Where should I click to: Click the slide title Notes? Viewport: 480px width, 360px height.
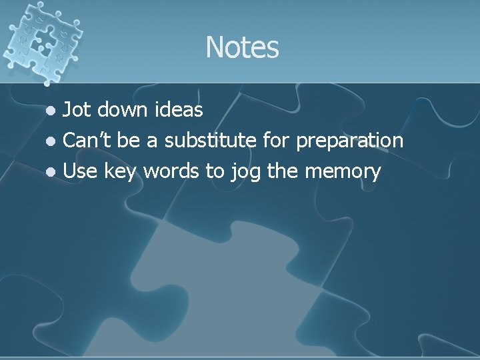242,47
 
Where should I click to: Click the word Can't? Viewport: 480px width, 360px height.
88,140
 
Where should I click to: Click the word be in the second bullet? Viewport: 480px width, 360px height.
130,140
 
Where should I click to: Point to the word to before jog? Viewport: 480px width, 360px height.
215,172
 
